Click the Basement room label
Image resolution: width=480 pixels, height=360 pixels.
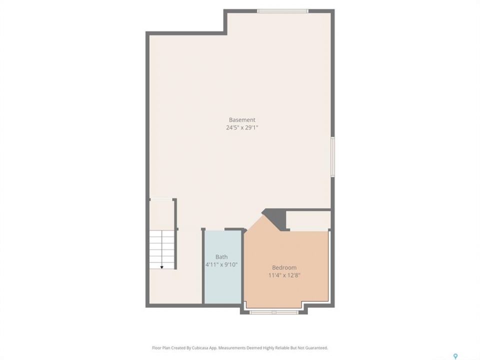pos(242,120)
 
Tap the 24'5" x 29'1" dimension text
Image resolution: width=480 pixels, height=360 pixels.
pos(242,127)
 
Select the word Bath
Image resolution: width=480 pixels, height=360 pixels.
pos(221,257)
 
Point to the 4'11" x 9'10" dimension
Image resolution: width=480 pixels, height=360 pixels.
pos(221,264)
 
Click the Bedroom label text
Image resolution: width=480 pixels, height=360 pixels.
pos(284,267)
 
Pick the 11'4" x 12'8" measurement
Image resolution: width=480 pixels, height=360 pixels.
pos(284,275)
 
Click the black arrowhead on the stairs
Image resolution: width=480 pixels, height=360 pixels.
pos(161,267)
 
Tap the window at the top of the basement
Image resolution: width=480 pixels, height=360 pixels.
pos(282,11)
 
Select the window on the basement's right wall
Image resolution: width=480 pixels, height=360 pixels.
pos(333,156)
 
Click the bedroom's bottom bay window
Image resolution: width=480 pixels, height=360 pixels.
pos(274,312)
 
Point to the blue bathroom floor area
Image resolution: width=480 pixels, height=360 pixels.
pos(222,267)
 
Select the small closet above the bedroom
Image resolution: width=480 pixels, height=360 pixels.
pos(308,220)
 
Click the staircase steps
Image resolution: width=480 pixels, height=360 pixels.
pos(162,249)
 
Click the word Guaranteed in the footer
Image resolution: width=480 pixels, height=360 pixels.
pos(317,348)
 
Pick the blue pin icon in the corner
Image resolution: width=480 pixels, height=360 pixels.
pos(455,356)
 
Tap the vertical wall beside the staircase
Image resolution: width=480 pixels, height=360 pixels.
pos(175,234)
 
